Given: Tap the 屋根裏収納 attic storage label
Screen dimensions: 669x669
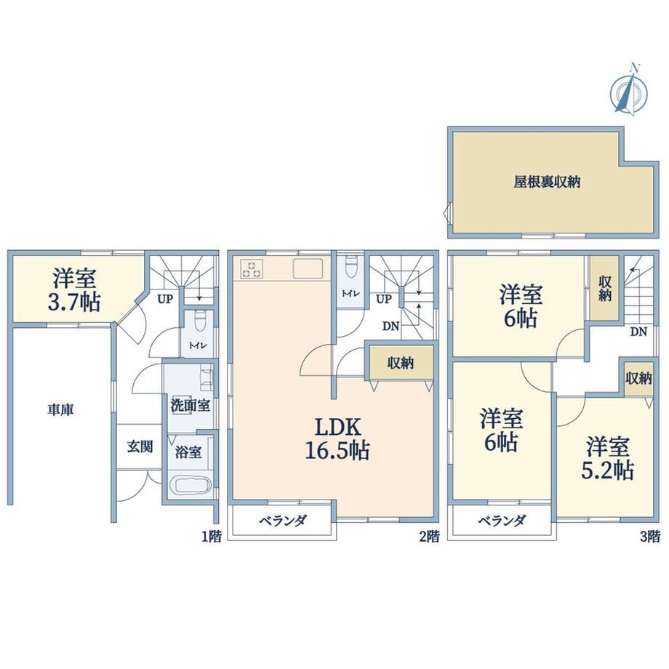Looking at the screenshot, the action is pos(547,183).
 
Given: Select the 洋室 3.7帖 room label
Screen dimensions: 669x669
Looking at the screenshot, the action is pos(75,290).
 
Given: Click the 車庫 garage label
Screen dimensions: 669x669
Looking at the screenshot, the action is pos(60,409).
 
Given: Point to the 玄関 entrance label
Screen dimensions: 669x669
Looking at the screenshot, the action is pos(140,446).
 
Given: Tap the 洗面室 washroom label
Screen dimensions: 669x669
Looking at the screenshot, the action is pos(191,405).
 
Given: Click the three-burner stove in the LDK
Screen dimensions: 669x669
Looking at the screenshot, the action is pos(252,269).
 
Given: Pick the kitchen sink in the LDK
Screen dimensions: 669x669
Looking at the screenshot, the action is pos(308,269).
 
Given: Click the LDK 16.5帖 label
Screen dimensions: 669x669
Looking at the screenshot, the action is pos(337,439).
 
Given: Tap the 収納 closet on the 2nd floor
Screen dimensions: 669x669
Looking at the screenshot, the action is pos(400,363).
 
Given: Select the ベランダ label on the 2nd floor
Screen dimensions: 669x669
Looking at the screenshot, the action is pos(283,521).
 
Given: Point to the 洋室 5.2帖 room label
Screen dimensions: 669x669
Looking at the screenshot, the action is pos(608,458).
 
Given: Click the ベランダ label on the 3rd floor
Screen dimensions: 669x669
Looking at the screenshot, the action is pos(502,521).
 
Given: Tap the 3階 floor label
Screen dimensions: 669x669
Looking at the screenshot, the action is pos(650,537).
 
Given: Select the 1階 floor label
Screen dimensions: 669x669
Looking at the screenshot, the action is pos(212,537).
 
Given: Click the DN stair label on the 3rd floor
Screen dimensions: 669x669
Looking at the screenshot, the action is pos(638,332).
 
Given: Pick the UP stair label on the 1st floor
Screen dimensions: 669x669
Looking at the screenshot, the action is pos(165,299).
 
